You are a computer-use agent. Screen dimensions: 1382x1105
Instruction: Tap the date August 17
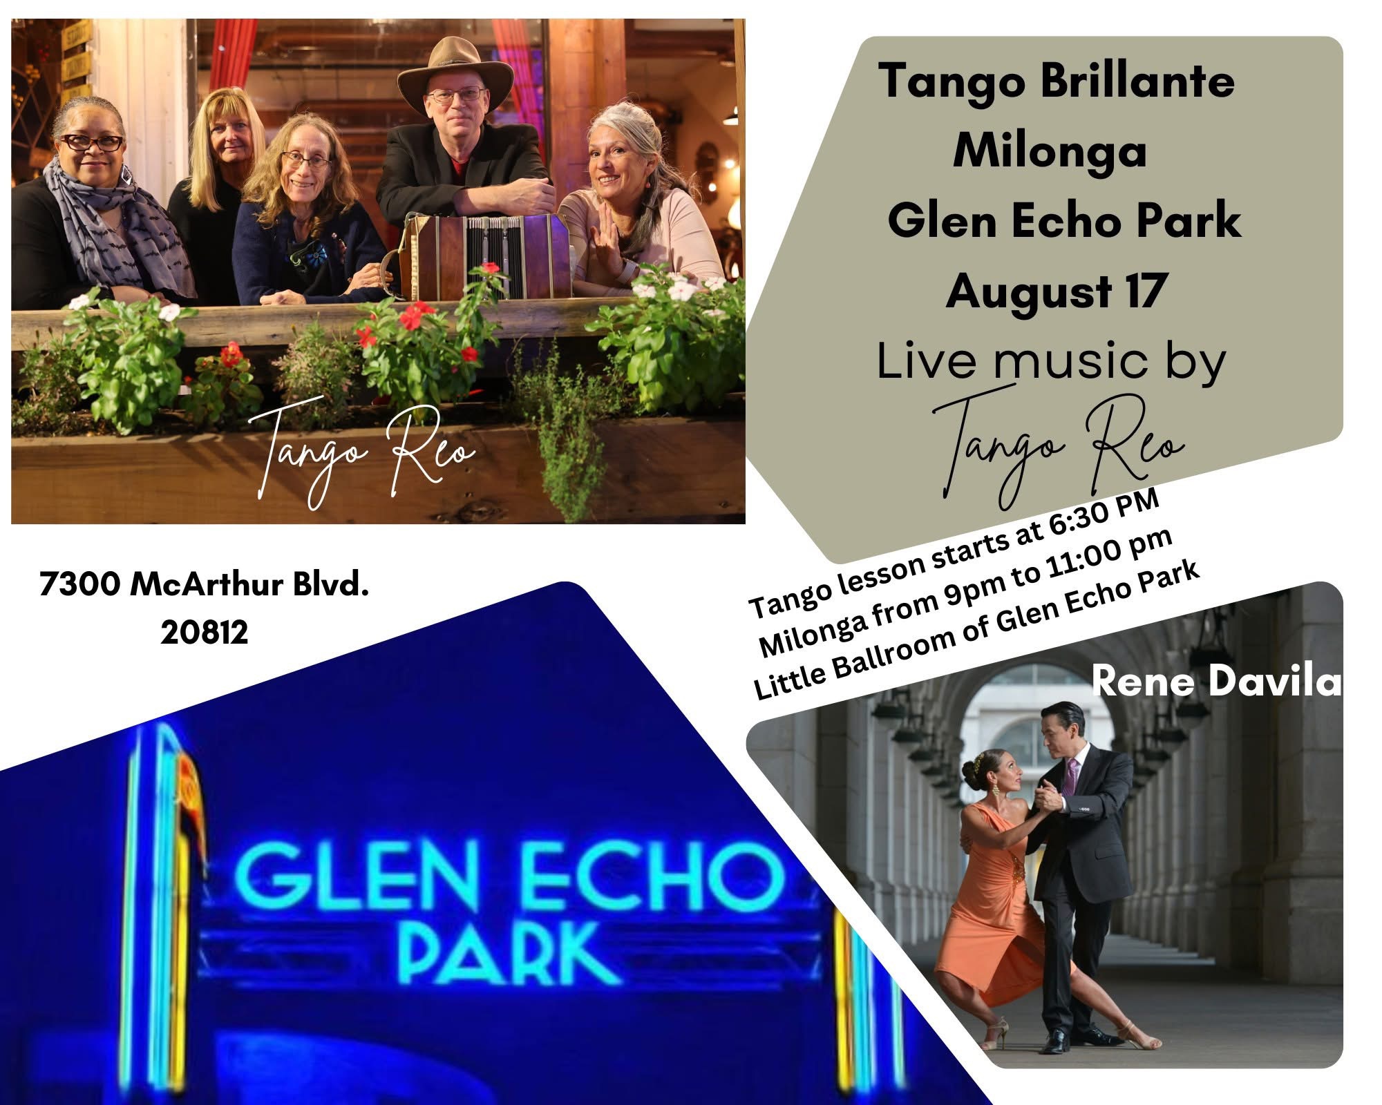click(1056, 291)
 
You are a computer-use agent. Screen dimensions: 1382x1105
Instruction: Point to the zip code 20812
click(205, 632)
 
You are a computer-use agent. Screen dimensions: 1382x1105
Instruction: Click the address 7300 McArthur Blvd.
click(205, 585)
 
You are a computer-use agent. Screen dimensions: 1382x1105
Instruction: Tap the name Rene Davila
click(1216, 683)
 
